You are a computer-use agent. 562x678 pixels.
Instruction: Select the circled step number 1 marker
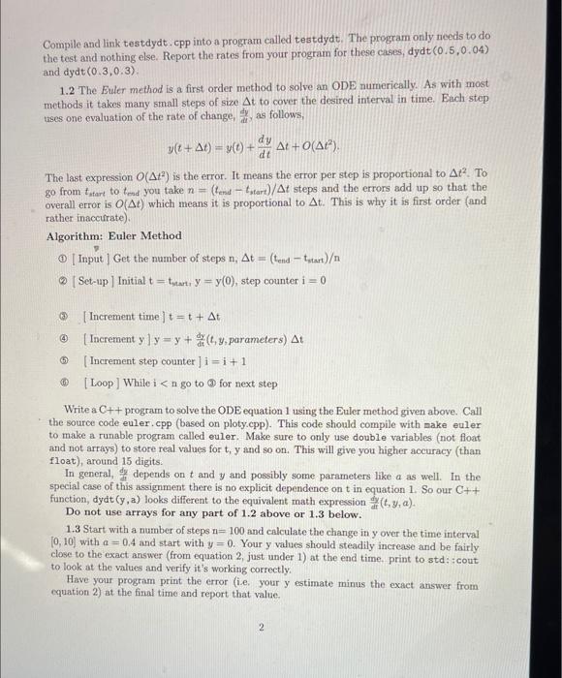(58, 256)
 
